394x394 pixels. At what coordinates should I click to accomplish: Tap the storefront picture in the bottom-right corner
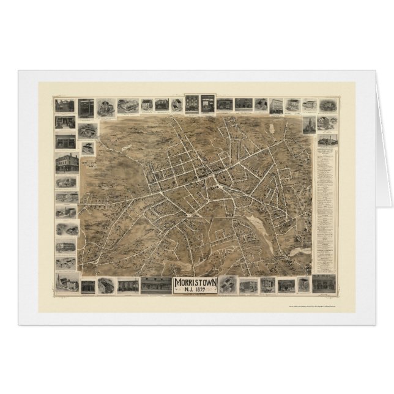(324, 283)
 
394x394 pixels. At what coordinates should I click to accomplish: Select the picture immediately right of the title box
(228, 284)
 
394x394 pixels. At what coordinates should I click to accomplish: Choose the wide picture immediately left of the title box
(157, 285)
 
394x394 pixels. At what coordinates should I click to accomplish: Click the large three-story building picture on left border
(65, 163)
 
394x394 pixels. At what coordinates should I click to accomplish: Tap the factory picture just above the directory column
(329, 138)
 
